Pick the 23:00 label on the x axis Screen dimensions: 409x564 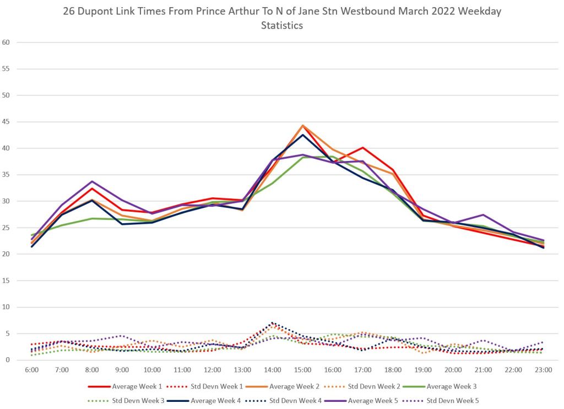tap(543, 370)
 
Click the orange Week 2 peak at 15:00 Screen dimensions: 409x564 tap(302, 126)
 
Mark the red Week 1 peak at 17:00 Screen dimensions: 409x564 tap(362, 148)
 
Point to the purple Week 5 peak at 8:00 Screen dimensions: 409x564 tap(92, 181)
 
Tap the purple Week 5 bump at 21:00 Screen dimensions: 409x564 tap(483, 215)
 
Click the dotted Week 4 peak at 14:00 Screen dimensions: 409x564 tap(272, 323)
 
